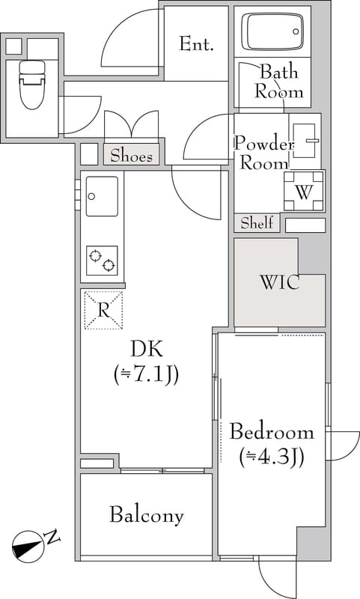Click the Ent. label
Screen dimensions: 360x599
(x=196, y=44)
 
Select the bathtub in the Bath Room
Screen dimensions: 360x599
(x=272, y=31)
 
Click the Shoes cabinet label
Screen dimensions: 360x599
(x=131, y=156)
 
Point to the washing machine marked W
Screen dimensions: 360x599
(x=304, y=191)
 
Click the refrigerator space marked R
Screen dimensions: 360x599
(x=103, y=310)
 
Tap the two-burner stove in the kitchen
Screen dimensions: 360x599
(x=102, y=261)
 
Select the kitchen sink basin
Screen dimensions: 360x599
(x=102, y=196)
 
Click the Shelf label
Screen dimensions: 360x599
(x=257, y=222)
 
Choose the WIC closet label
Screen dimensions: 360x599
(x=279, y=283)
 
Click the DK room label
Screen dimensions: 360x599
(x=146, y=349)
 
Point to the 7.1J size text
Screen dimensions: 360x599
(x=146, y=376)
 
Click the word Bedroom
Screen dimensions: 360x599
(x=272, y=432)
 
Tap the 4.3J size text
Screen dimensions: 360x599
(x=272, y=457)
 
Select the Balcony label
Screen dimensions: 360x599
(x=147, y=515)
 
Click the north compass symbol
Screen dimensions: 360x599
(x=28, y=546)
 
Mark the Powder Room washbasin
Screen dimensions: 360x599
(x=305, y=141)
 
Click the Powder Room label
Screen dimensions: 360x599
(x=263, y=153)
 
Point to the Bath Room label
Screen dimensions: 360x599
(x=278, y=82)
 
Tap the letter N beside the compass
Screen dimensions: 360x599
(x=52, y=537)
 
